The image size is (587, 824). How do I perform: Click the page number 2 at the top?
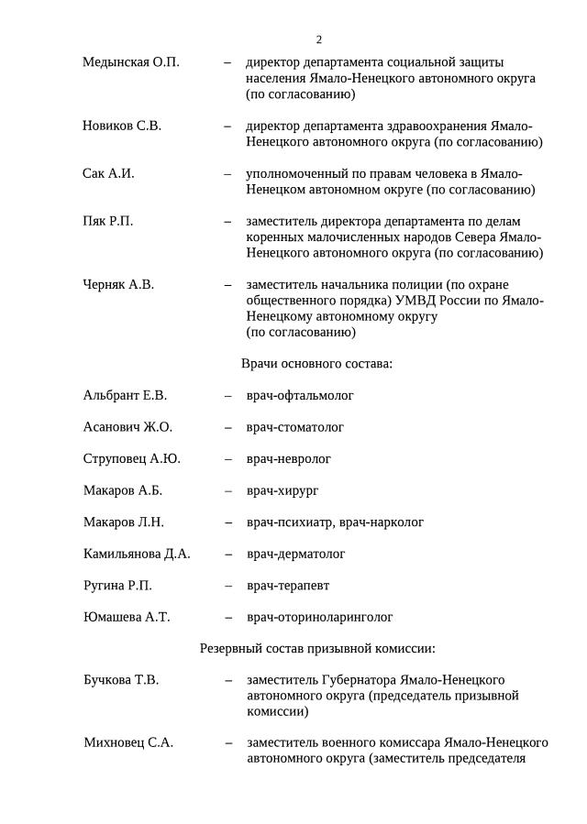318,39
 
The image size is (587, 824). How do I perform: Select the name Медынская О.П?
131,62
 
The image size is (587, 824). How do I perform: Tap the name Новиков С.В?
122,126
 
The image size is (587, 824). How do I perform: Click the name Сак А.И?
108,173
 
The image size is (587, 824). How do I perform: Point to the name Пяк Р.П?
108,221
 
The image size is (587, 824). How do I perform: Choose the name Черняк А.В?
118,284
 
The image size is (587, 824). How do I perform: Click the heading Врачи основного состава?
316,364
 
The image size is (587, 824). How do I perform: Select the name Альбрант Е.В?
125,395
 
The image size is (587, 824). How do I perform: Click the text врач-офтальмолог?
300,395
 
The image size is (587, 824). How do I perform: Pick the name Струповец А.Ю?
131,458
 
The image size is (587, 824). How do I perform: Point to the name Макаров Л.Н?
124,522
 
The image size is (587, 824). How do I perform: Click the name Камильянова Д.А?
137,554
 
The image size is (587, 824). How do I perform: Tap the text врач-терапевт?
288,586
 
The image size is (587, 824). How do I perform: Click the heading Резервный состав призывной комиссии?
317,649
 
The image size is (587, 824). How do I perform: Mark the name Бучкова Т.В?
121,680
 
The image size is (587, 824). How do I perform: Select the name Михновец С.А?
128,742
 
